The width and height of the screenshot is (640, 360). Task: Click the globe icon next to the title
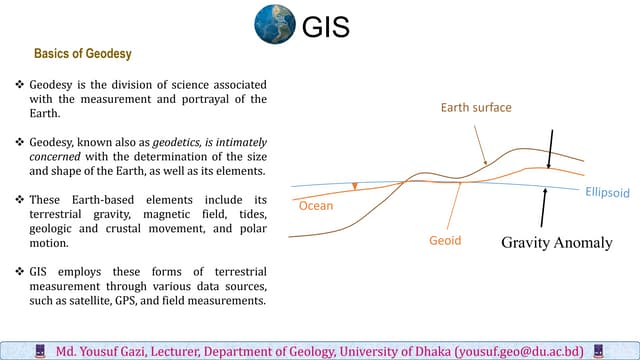(276, 25)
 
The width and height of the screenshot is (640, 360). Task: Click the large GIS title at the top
(326, 27)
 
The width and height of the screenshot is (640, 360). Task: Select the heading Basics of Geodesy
(83, 54)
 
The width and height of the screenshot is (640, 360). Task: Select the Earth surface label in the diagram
(476, 107)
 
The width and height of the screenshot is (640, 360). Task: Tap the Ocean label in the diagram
(316, 206)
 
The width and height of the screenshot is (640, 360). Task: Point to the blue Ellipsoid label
(607, 190)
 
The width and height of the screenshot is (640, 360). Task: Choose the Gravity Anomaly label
(556, 242)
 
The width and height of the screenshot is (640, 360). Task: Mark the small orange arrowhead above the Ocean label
(354, 186)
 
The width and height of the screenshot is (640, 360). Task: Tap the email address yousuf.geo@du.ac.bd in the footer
(519, 352)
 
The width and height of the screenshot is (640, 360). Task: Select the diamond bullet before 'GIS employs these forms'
(21, 271)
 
